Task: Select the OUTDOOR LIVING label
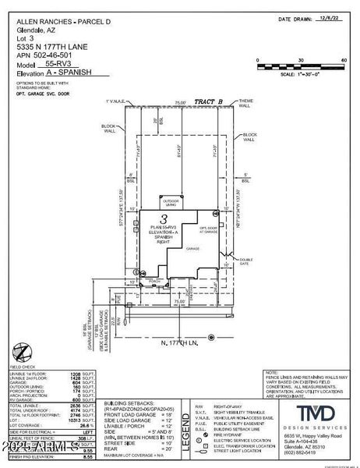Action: point(170,200)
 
